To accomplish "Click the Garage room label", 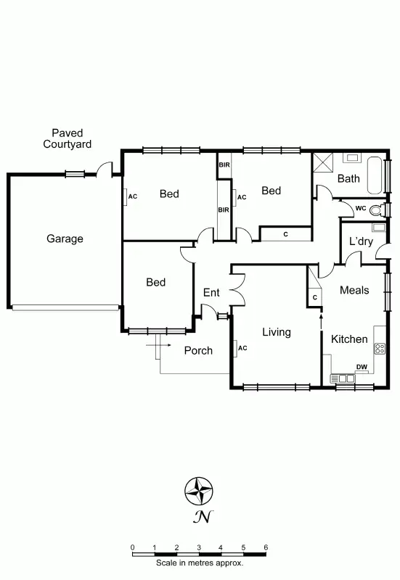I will click(65, 239).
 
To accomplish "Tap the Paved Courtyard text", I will click(67, 138).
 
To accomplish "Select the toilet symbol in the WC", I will click(376, 210).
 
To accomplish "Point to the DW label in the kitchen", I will click(361, 367).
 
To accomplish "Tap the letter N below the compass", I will click(201, 517).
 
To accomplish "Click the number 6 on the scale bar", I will click(266, 547).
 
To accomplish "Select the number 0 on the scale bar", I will click(132, 547).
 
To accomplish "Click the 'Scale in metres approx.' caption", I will click(199, 563).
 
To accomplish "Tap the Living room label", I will click(276, 332).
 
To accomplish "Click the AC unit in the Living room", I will click(238, 348).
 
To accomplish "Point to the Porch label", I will click(198, 350).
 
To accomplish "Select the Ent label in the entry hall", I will click(211, 292).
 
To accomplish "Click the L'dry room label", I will click(361, 241).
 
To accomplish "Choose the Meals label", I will click(355, 290).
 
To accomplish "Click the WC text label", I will click(360, 209).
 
